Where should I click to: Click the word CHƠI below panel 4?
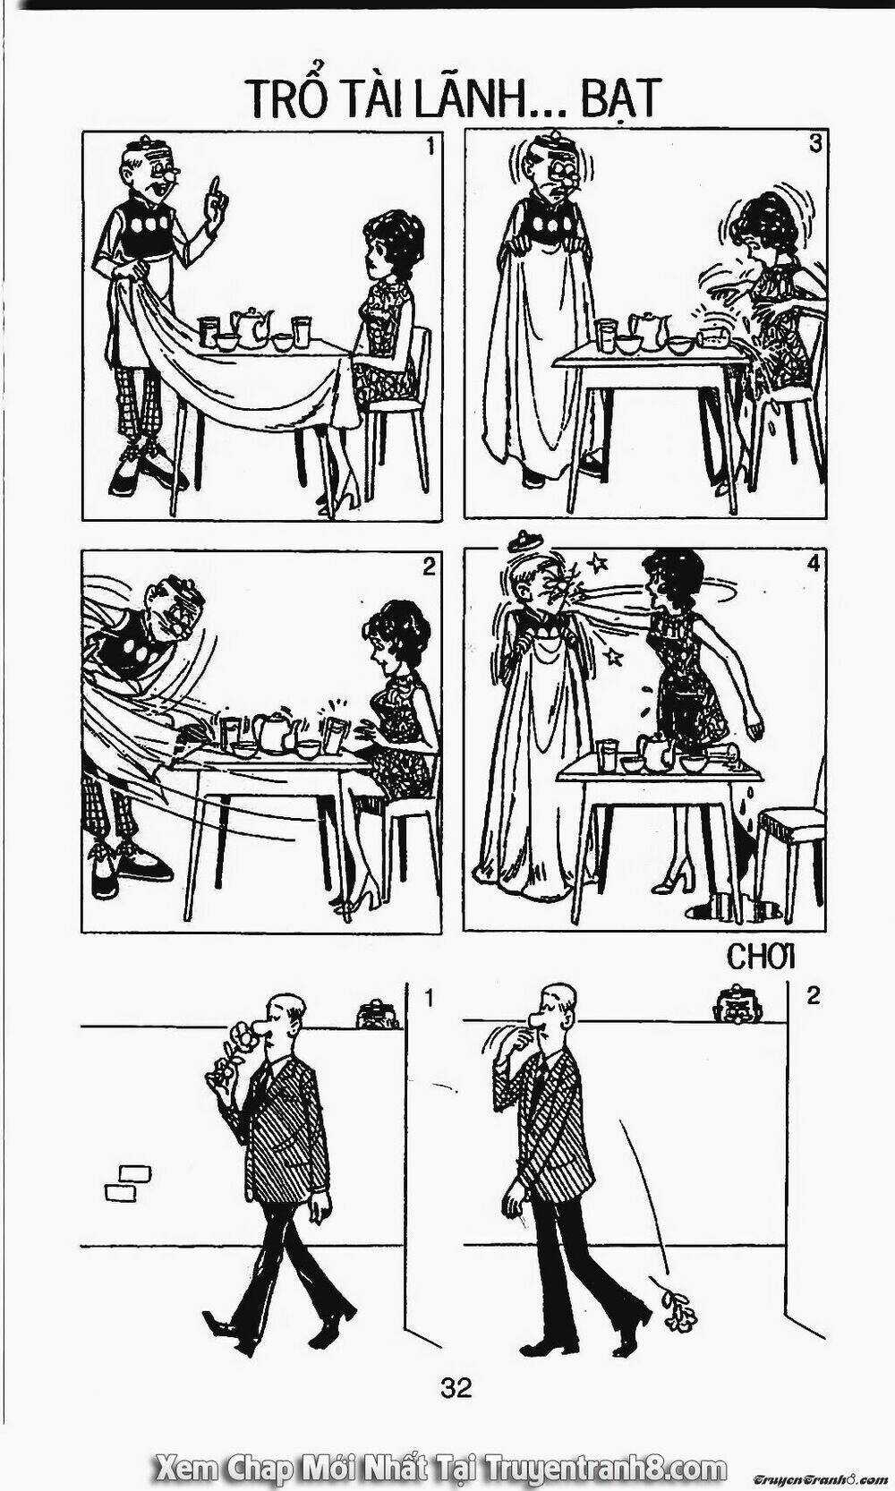(x=762, y=957)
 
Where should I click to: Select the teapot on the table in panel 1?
(x=251, y=328)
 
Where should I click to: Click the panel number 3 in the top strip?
(x=814, y=145)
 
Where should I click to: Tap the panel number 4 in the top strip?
(x=814, y=564)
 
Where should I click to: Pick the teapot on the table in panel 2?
(x=272, y=730)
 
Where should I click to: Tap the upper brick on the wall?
(x=136, y=1172)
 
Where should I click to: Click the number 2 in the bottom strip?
(x=813, y=996)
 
